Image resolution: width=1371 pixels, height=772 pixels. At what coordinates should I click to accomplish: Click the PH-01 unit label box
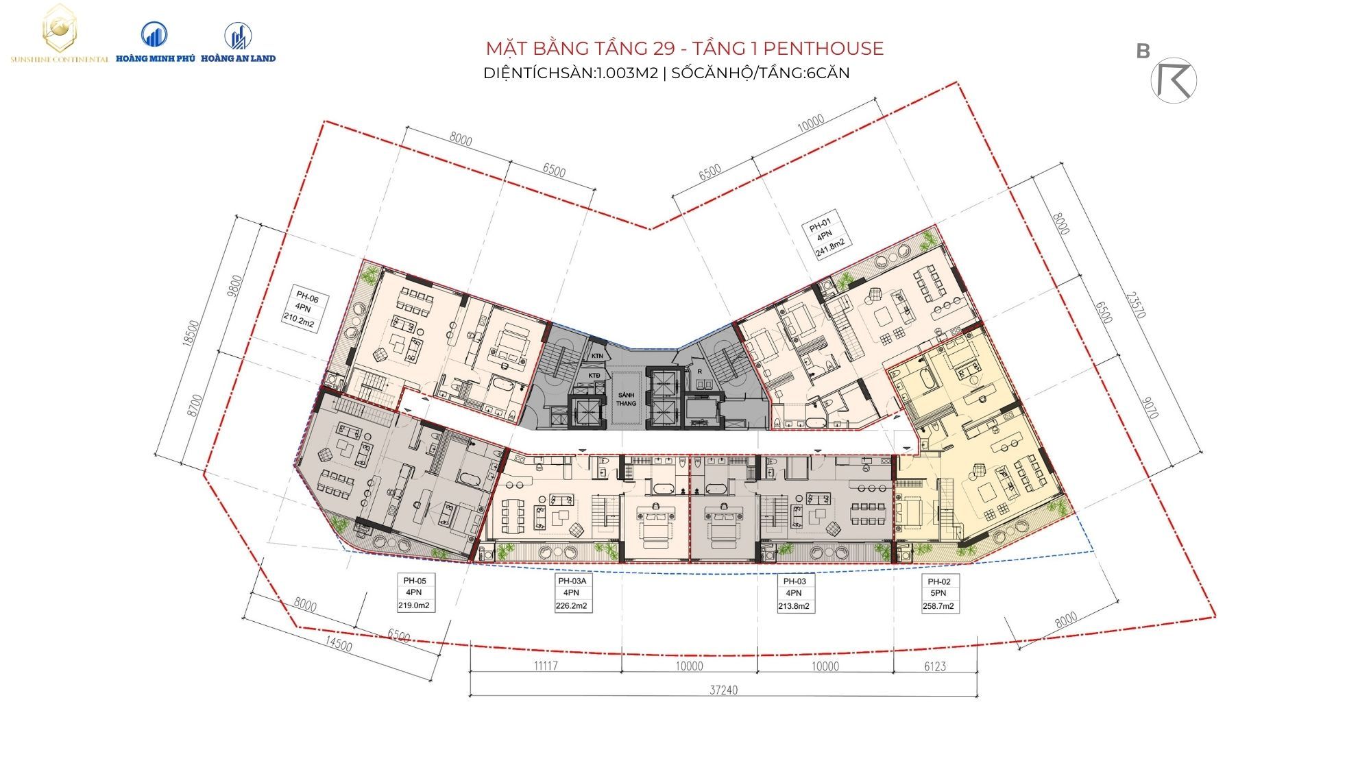pyautogui.click(x=828, y=237)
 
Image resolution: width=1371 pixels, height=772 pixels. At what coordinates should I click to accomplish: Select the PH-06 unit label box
pyautogui.click(x=304, y=311)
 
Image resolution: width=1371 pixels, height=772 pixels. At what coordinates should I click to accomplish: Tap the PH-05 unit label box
pyautogui.click(x=415, y=593)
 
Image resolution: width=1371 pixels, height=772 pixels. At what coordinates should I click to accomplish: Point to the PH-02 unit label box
pyautogui.click(x=938, y=593)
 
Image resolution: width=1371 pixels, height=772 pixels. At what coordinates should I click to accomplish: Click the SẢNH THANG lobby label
pyautogui.click(x=626, y=399)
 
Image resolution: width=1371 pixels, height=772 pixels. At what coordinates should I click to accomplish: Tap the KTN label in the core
pyautogui.click(x=597, y=356)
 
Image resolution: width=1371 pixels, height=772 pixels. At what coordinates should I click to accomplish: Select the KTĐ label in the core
pyautogui.click(x=594, y=376)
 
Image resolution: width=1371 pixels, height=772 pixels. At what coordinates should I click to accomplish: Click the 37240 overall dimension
pyautogui.click(x=723, y=690)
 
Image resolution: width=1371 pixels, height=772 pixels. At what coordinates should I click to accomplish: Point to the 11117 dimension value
pyautogui.click(x=545, y=666)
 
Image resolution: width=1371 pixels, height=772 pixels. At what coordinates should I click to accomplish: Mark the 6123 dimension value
pyautogui.click(x=935, y=666)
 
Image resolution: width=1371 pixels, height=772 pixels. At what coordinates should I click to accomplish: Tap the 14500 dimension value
pyautogui.click(x=339, y=645)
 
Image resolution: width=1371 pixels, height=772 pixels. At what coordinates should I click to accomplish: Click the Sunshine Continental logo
pyautogui.click(x=59, y=34)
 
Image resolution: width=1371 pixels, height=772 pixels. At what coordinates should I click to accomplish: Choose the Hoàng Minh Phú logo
pyautogui.click(x=155, y=41)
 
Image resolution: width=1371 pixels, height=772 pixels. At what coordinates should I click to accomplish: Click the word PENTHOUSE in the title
pyautogui.click(x=823, y=48)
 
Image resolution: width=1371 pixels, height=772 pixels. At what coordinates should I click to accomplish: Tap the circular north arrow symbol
pyautogui.click(x=1174, y=80)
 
